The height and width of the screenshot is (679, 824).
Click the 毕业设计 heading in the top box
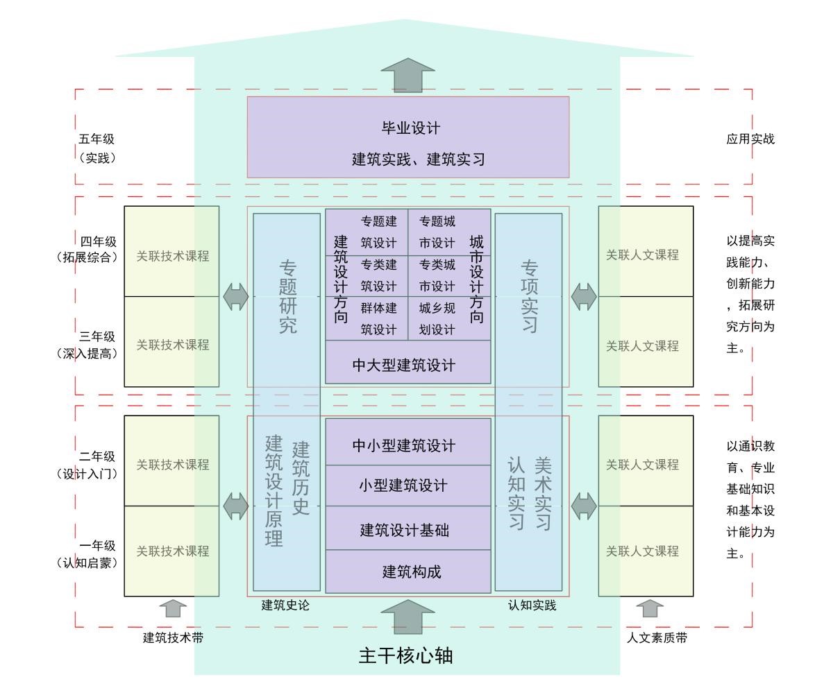click(x=410, y=128)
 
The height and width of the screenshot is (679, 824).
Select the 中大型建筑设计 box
click(x=407, y=365)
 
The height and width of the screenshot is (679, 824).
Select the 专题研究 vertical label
click(x=287, y=297)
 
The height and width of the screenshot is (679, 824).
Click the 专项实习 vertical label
click(x=529, y=297)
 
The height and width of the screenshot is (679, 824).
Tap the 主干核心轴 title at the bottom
click(x=406, y=655)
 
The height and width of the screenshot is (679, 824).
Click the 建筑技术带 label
click(x=173, y=637)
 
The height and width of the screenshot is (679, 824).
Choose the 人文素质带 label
click(x=657, y=637)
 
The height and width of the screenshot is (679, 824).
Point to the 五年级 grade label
click(x=97, y=139)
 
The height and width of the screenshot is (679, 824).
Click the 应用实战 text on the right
click(x=750, y=139)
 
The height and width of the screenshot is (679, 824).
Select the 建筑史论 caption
click(x=285, y=605)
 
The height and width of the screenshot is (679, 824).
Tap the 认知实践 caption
click(x=532, y=605)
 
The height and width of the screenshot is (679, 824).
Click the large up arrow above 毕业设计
click(x=407, y=75)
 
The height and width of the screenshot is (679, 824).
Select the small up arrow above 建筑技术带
click(x=173, y=608)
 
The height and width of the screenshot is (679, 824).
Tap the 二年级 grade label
click(x=97, y=456)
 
